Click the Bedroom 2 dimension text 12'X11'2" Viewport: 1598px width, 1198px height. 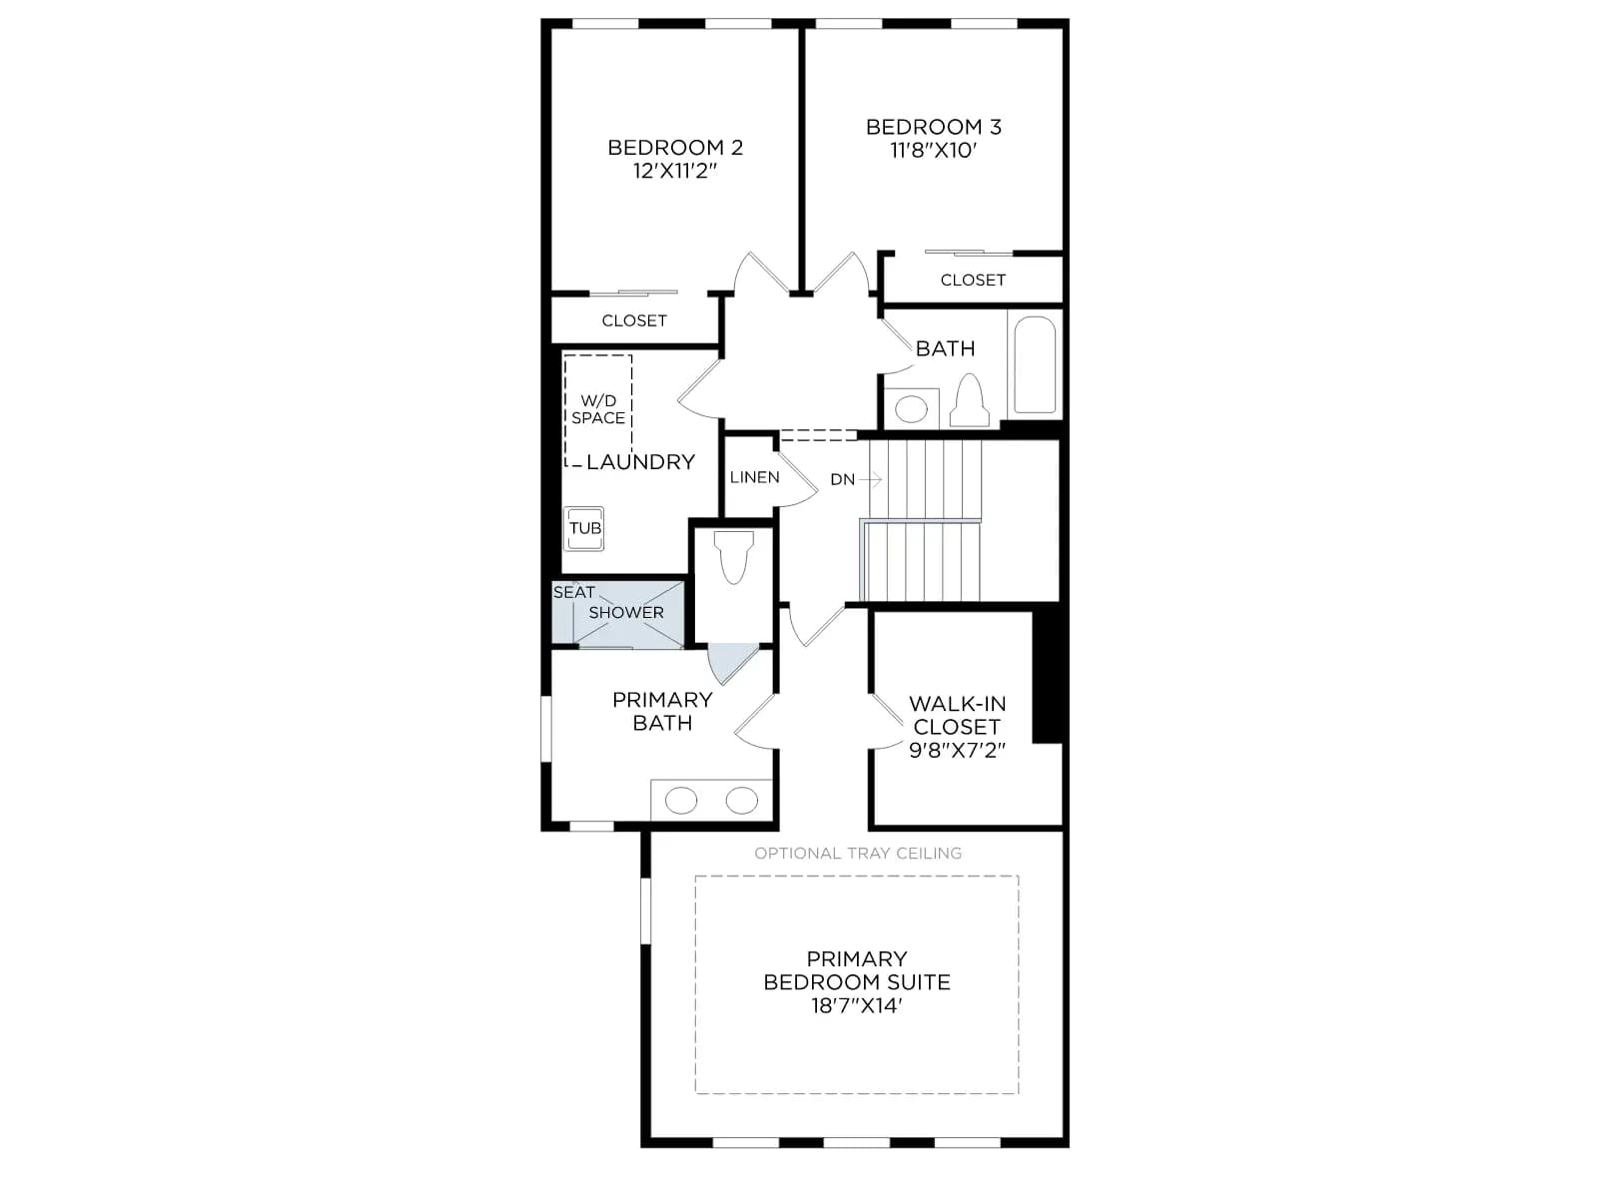coord(675,171)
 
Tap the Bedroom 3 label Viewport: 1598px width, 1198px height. coord(933,128)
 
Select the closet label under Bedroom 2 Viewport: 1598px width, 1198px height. coord(633,320)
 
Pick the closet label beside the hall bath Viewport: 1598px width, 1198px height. coord(973,281)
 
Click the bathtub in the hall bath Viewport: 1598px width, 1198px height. coord(1035,364)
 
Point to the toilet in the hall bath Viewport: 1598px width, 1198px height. coord(969,400)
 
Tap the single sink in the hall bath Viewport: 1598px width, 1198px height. coord(910,409)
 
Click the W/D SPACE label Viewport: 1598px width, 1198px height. coord(597,409)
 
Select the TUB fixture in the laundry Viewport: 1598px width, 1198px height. coord(584,529)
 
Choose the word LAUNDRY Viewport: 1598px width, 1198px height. coord(640,462)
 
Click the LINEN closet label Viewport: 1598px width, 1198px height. coord(754,478)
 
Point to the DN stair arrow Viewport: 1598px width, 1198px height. coord(871,480)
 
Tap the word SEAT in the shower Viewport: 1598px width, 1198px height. coord(573,593)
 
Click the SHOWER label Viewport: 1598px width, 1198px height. coord(626,613)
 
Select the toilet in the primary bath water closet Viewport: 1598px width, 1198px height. coord(733,557)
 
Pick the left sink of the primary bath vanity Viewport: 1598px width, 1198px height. coord(681,801)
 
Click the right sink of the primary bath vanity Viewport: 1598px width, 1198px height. coord(742,801)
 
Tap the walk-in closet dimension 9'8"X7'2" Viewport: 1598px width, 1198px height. coord(958,750)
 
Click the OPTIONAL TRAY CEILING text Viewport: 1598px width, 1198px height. coord(858,854)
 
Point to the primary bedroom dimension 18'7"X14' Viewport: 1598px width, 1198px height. coord(857,1006)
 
